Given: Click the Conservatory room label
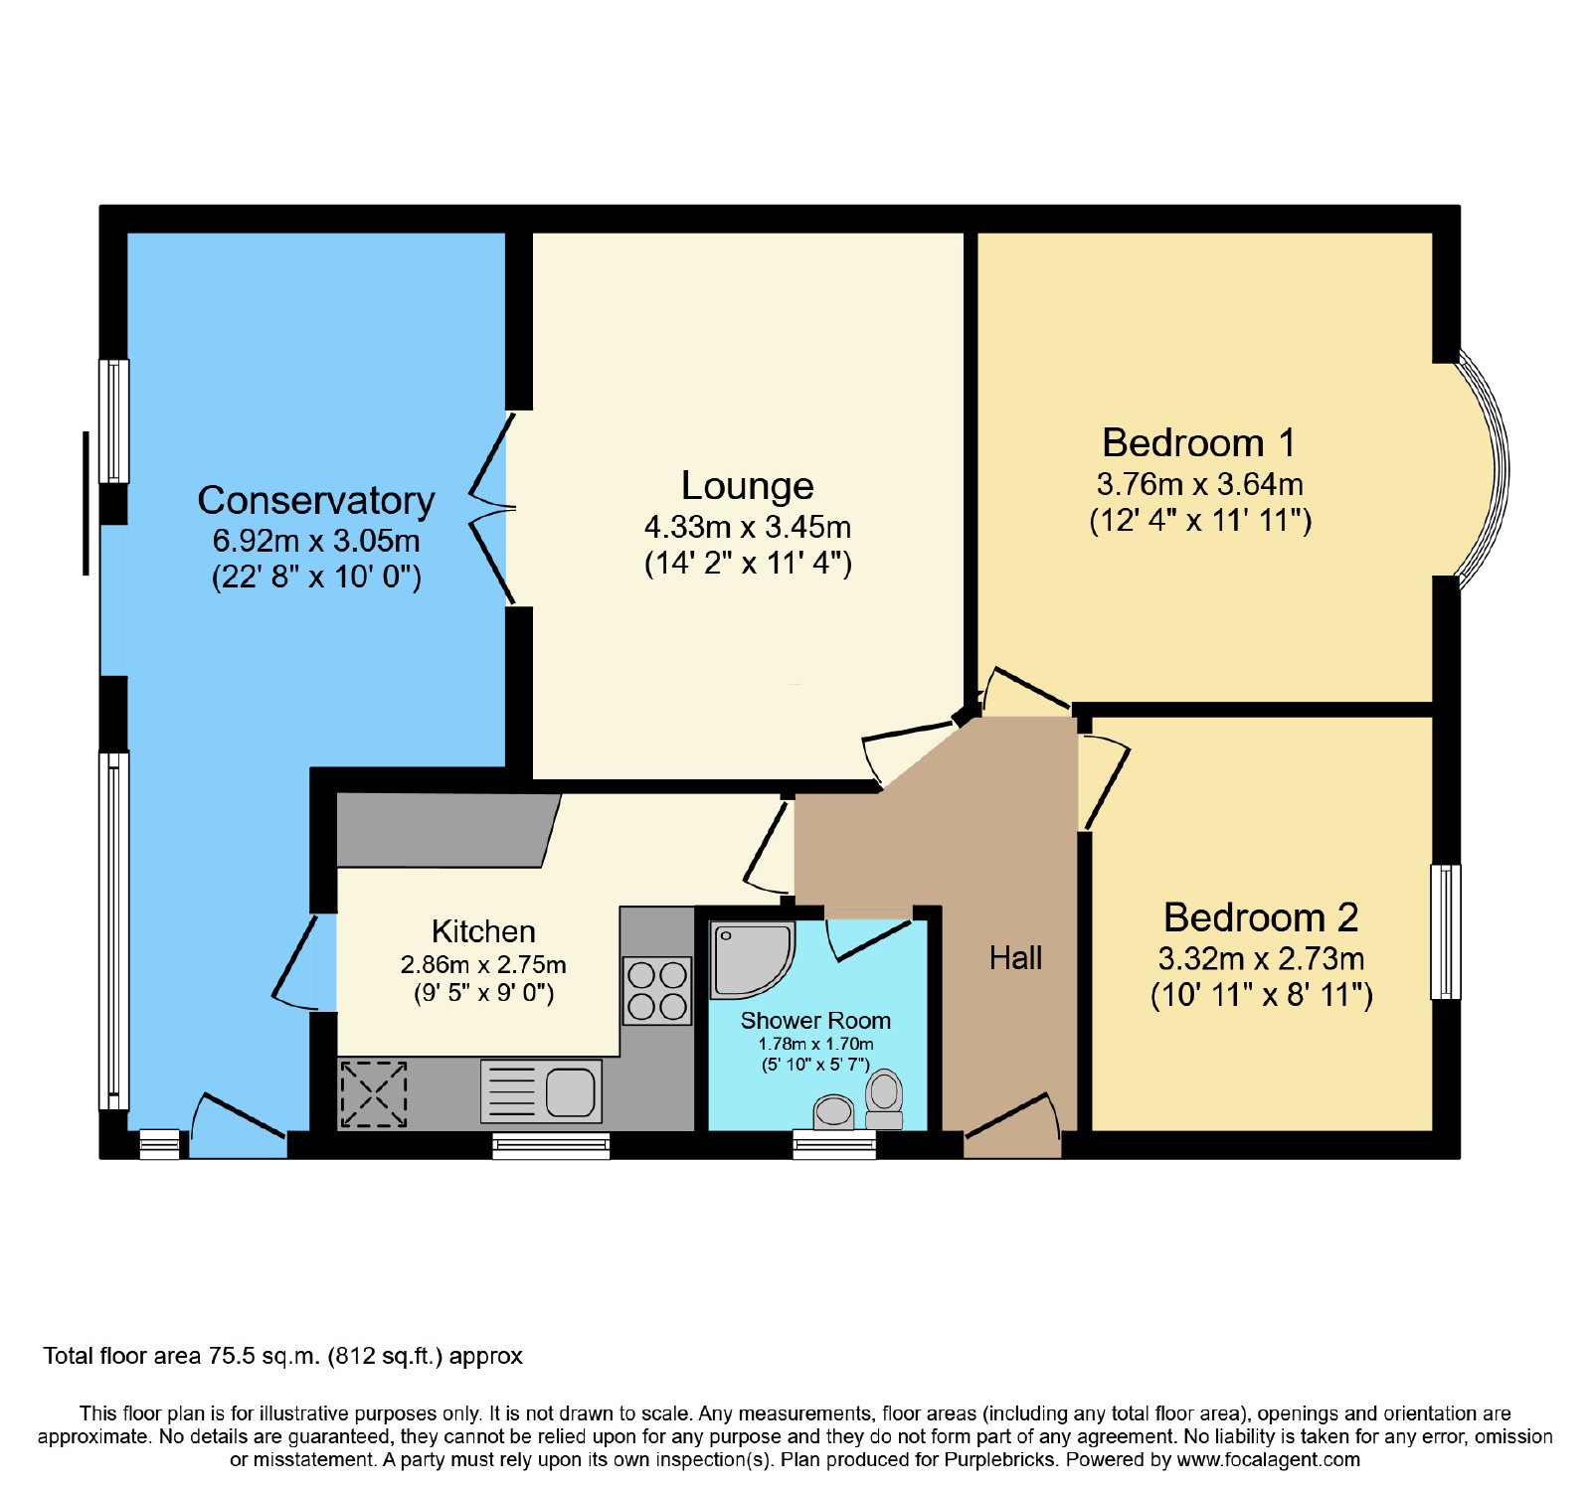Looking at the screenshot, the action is click(316, 500).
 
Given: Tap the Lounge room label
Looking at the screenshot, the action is click(748, 486).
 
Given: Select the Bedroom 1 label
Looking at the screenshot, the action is click(1199, 442).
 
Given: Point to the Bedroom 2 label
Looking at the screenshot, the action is click(1261, 917).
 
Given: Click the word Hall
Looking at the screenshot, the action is click(1015, 958).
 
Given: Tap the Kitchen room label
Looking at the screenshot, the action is click(483, 931).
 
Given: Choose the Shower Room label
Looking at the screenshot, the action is click(815, 1021).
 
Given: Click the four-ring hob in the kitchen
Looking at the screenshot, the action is click(657, 990).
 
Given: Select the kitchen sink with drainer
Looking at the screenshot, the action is click(542, 1090).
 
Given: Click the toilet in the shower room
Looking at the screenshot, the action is click(884, 1099).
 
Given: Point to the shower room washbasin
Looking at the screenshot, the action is click(834, 1113).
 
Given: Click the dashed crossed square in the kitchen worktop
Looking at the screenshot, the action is click(374, 1094).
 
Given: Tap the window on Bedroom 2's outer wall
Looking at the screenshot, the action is click(1446, 931).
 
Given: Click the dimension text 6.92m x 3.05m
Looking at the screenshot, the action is click(316, 541).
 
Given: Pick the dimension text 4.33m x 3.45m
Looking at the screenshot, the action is click(748, 527).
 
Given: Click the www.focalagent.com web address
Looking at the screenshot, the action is click(1268, 1460).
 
